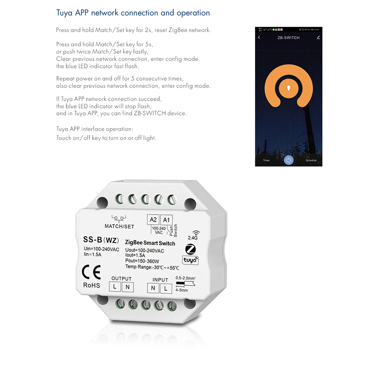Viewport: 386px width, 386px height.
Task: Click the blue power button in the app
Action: tap(288, 160)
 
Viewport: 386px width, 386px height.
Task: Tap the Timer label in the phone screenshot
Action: tap(266, 160)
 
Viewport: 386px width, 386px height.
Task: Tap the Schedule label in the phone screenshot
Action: tap(311, 160)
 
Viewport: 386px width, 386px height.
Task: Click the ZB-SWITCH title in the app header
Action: tap(288, 38)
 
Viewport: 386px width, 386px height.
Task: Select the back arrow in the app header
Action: tap(259, 37)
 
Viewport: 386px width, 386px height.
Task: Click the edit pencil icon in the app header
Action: tap(318, 37)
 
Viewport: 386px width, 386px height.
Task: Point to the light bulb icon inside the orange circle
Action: tap(288, 88)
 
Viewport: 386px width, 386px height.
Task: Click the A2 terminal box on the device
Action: tap(153, 220)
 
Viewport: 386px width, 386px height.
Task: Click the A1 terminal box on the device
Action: tap(166, 220)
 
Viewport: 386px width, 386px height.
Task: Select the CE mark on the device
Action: tap(91, 272)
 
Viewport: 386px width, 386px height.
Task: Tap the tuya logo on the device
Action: tap(190, 261)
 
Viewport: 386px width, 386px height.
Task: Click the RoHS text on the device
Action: tap(91, 285)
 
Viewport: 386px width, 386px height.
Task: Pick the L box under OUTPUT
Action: tap(115, 286)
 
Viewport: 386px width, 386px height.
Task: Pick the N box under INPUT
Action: tap(153, 288)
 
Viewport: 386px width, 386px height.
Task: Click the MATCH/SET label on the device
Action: tap(119, 226)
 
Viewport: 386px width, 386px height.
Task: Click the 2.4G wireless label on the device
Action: tap(193, 237)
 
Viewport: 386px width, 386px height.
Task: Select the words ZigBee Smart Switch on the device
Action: tap(150, 243)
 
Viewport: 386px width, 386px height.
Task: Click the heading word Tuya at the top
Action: tap(64, 13)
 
